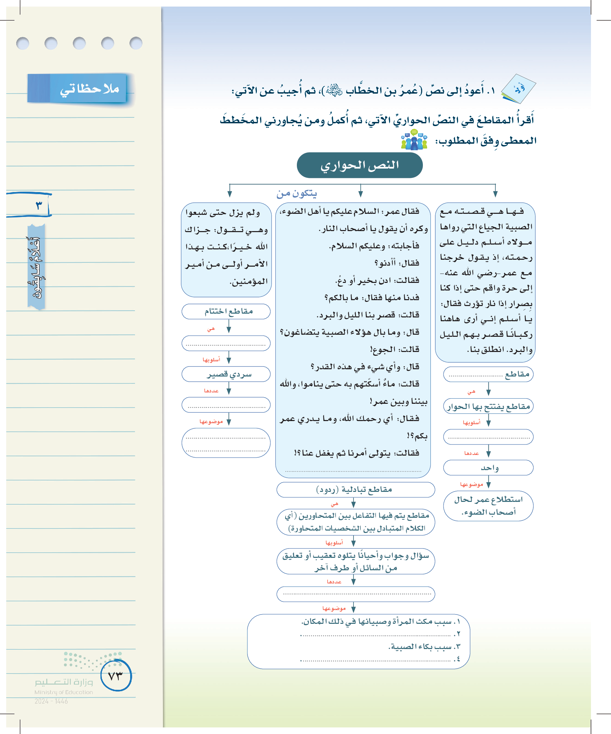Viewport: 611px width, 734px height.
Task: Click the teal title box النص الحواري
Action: pyautogui.click(x=359, y=165)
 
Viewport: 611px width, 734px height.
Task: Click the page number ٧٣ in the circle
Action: pyautogui.click(x=116, y=676)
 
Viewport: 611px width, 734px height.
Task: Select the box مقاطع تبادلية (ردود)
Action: pyautogui.click(x=355, y=489)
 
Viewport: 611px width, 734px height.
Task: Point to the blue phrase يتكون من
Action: pyautogui.click(x=297, y=193)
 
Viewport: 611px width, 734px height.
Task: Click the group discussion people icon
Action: pyautogui.click(x=414, y=140)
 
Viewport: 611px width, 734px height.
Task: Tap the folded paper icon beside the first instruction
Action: pyautogui.click(x=518, y=89)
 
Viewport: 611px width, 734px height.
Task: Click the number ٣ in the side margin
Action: pyautogui.click(x=38, y=205)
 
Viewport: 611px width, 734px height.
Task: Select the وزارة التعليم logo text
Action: pyautogui.click(x=64, y=682)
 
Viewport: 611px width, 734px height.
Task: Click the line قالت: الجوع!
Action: pyautogui.click(x=395, y=349)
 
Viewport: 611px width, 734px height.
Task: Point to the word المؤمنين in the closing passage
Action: pyautogui.click(x=249, y=282)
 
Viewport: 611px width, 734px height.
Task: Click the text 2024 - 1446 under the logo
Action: pyautogui.click(x=51, y=701)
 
